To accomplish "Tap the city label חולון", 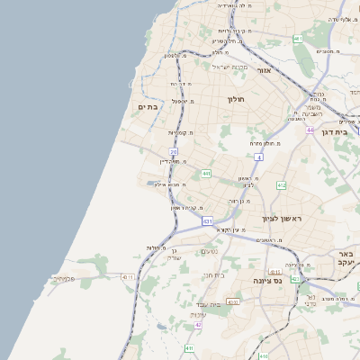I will [x=237, y=99].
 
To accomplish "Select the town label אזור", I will [x=265, y=70].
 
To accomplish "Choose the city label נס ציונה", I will [x=288, y=280].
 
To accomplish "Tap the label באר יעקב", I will [x=346, y=260].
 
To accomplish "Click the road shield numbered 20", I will [x=173, y=151].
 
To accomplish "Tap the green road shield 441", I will [x=206, y=173].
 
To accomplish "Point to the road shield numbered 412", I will [x=282, y=185].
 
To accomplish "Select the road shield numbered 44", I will [x=310, y=130].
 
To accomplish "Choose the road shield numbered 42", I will [x=199, y=325].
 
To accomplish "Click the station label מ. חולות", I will [x=154, y=247].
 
